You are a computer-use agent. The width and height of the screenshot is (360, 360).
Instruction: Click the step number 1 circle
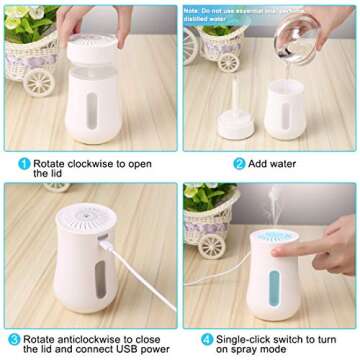point(22,161)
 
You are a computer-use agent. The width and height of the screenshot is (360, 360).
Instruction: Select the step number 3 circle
point(11,340)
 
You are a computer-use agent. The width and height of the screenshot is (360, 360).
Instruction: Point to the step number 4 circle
point(192,340)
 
